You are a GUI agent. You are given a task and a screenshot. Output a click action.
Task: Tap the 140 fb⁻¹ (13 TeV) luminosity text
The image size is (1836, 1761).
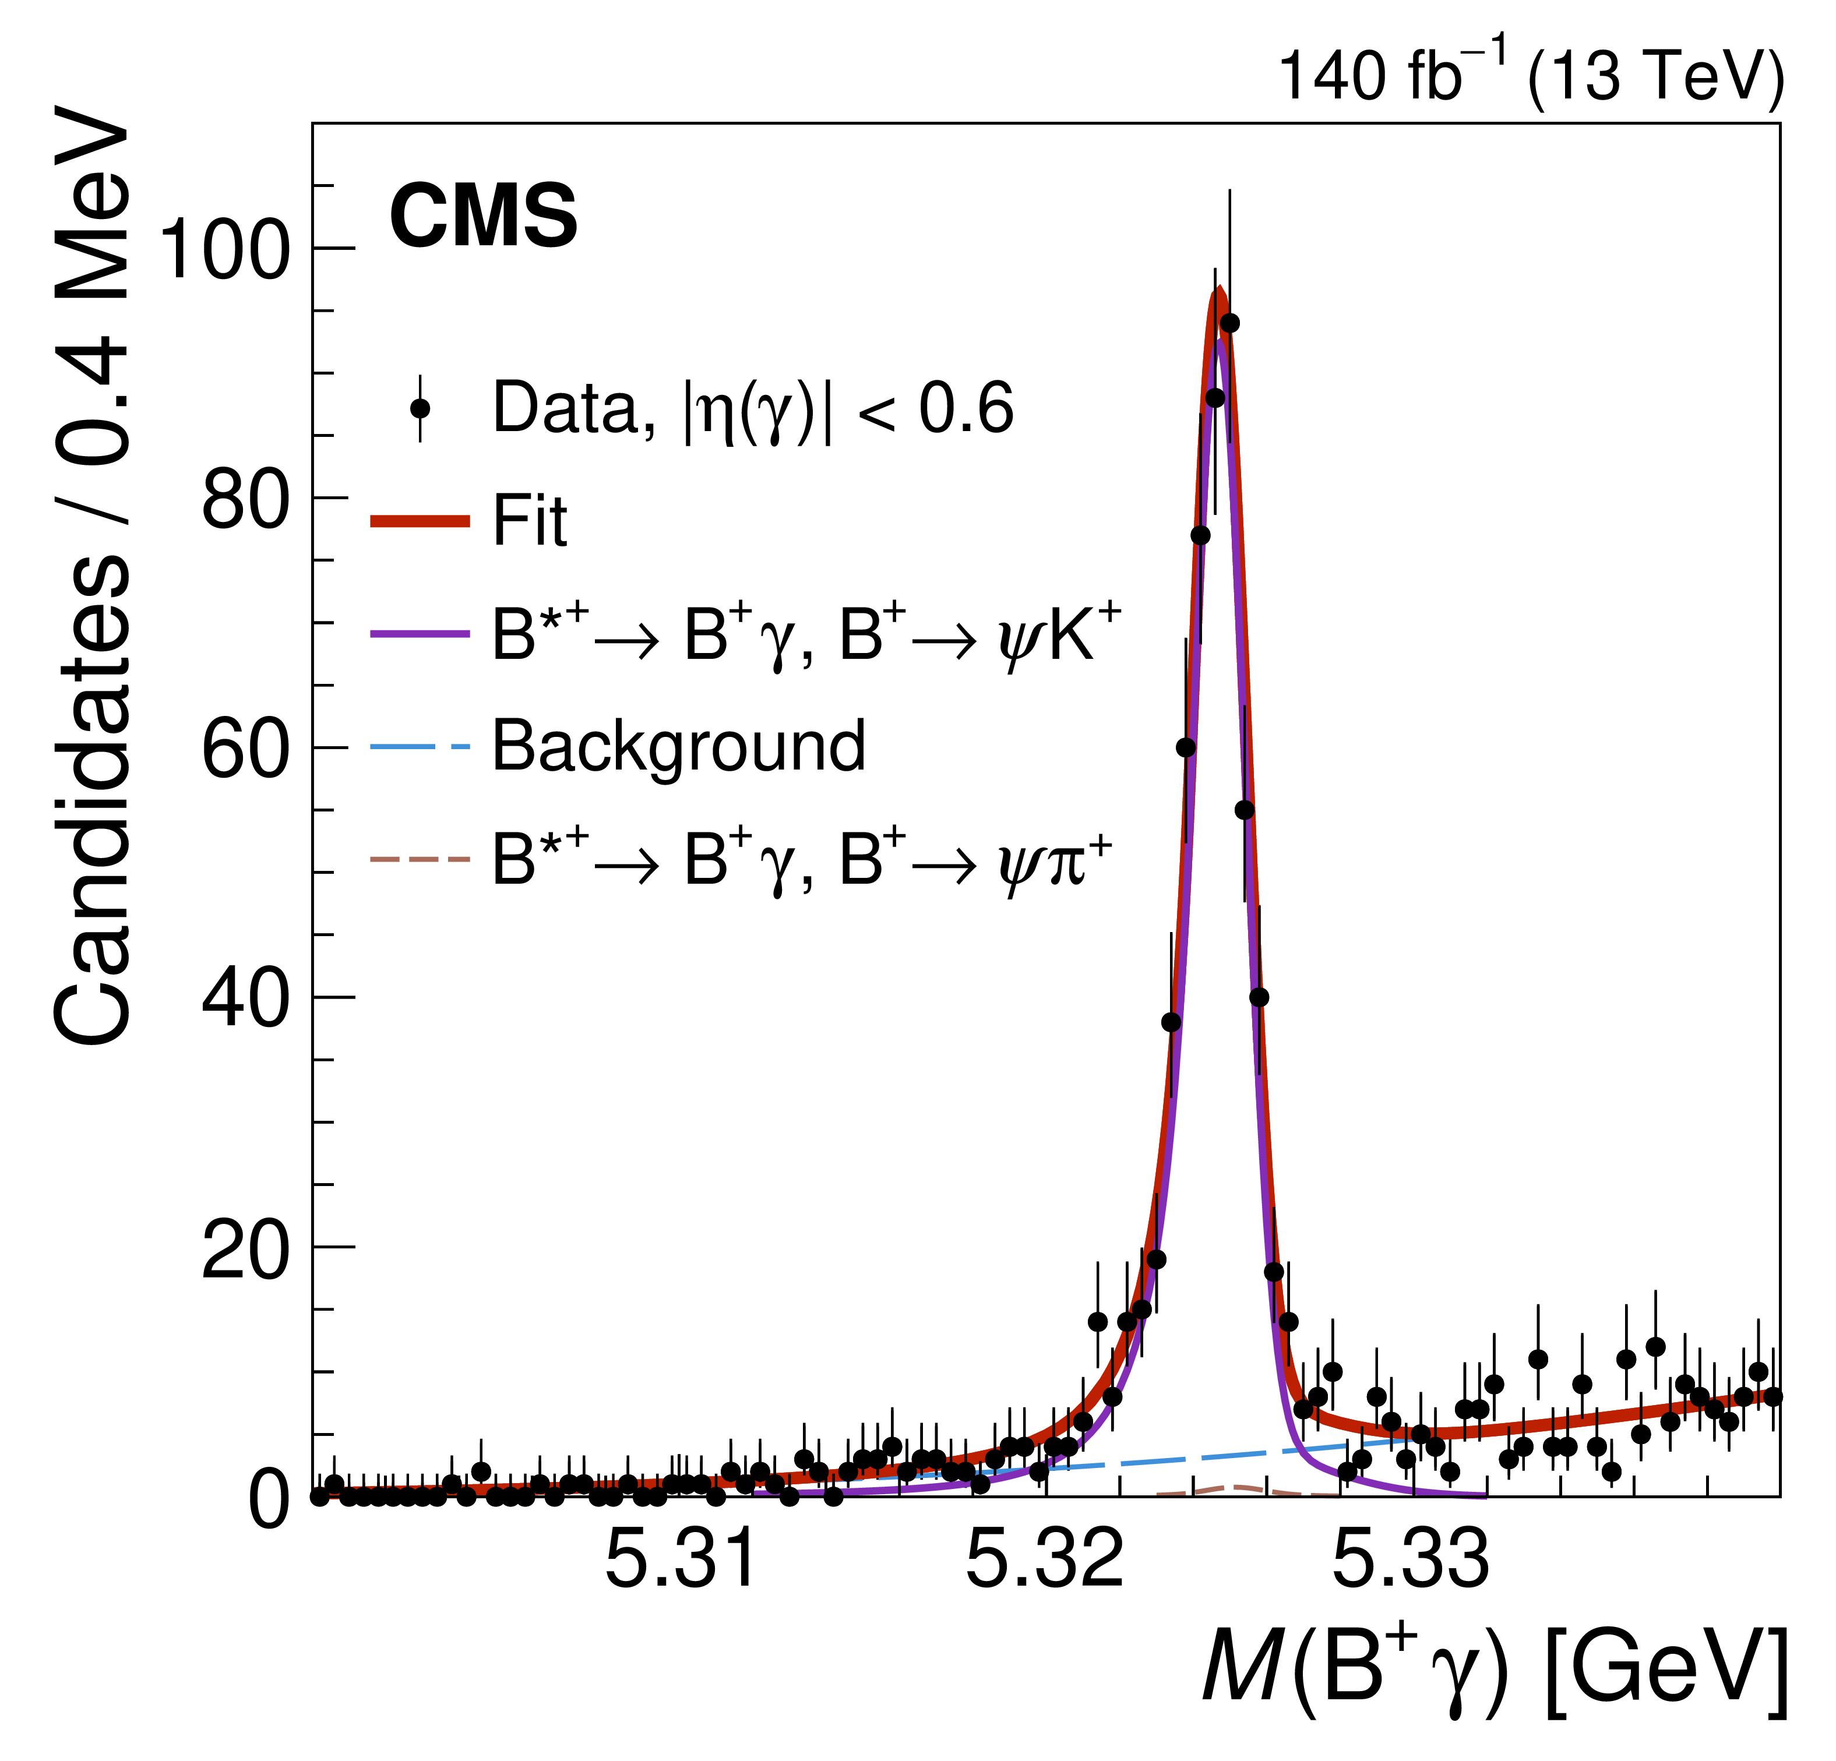[x=1530, y=75]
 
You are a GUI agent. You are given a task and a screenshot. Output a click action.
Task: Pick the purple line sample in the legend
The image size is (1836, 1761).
[x=420, y=634]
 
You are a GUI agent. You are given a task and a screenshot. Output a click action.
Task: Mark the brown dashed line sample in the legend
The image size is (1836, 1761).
[x=420, y=859]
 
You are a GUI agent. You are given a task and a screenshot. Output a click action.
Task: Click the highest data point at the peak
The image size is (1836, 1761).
[x=1230, y=323]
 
